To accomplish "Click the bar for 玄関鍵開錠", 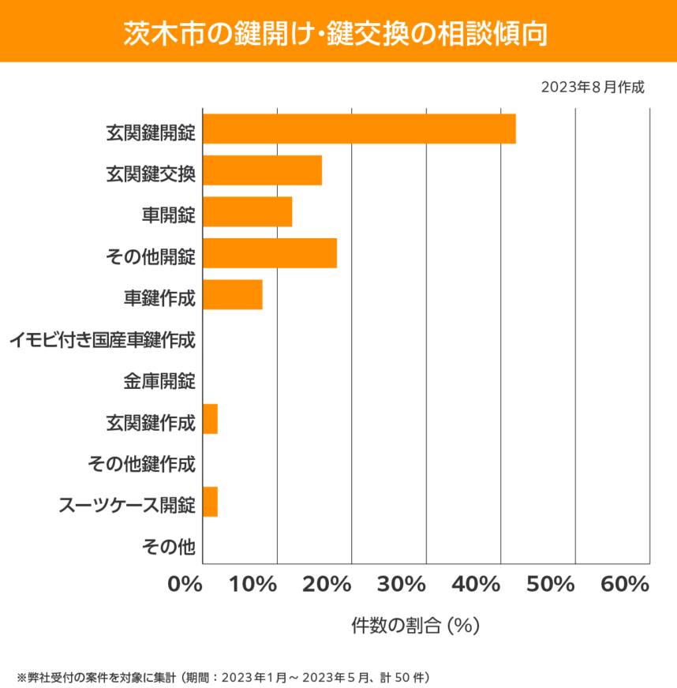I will coord(359,129).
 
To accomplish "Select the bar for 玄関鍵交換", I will coord(262,170).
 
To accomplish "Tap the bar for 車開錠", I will coord(247,211).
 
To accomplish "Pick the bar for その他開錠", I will coord(270,253).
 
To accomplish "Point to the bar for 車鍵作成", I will coord(233,294).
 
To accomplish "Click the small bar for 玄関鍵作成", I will coord(210,419).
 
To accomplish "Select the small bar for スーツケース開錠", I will coord(210,502).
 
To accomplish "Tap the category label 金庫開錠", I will coord(159,382).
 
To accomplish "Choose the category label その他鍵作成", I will coord(141,464).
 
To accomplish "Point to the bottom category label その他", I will coord(168,546).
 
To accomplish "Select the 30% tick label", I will coord(402,585).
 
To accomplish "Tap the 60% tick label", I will coord(624,585).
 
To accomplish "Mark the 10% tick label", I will coord(254,585).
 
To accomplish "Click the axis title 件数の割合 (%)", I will coord(415,626).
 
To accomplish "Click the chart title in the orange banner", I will coord(338,32).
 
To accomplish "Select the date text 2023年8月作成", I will coord(593,87).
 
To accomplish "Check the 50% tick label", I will coord(551,585).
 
